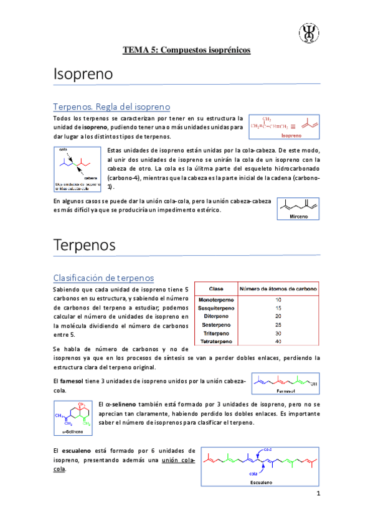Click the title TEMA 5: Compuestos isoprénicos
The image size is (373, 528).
[186, 50]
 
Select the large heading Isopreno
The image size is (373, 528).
[83, 74]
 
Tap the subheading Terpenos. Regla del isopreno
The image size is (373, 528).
[111, 106]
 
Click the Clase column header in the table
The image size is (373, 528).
[216, 289]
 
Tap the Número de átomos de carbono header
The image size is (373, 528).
[278, 289]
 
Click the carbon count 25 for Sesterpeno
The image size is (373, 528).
[278, 324]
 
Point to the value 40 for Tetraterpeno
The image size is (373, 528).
[278, 341]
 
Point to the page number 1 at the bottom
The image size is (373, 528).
[318, 495]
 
